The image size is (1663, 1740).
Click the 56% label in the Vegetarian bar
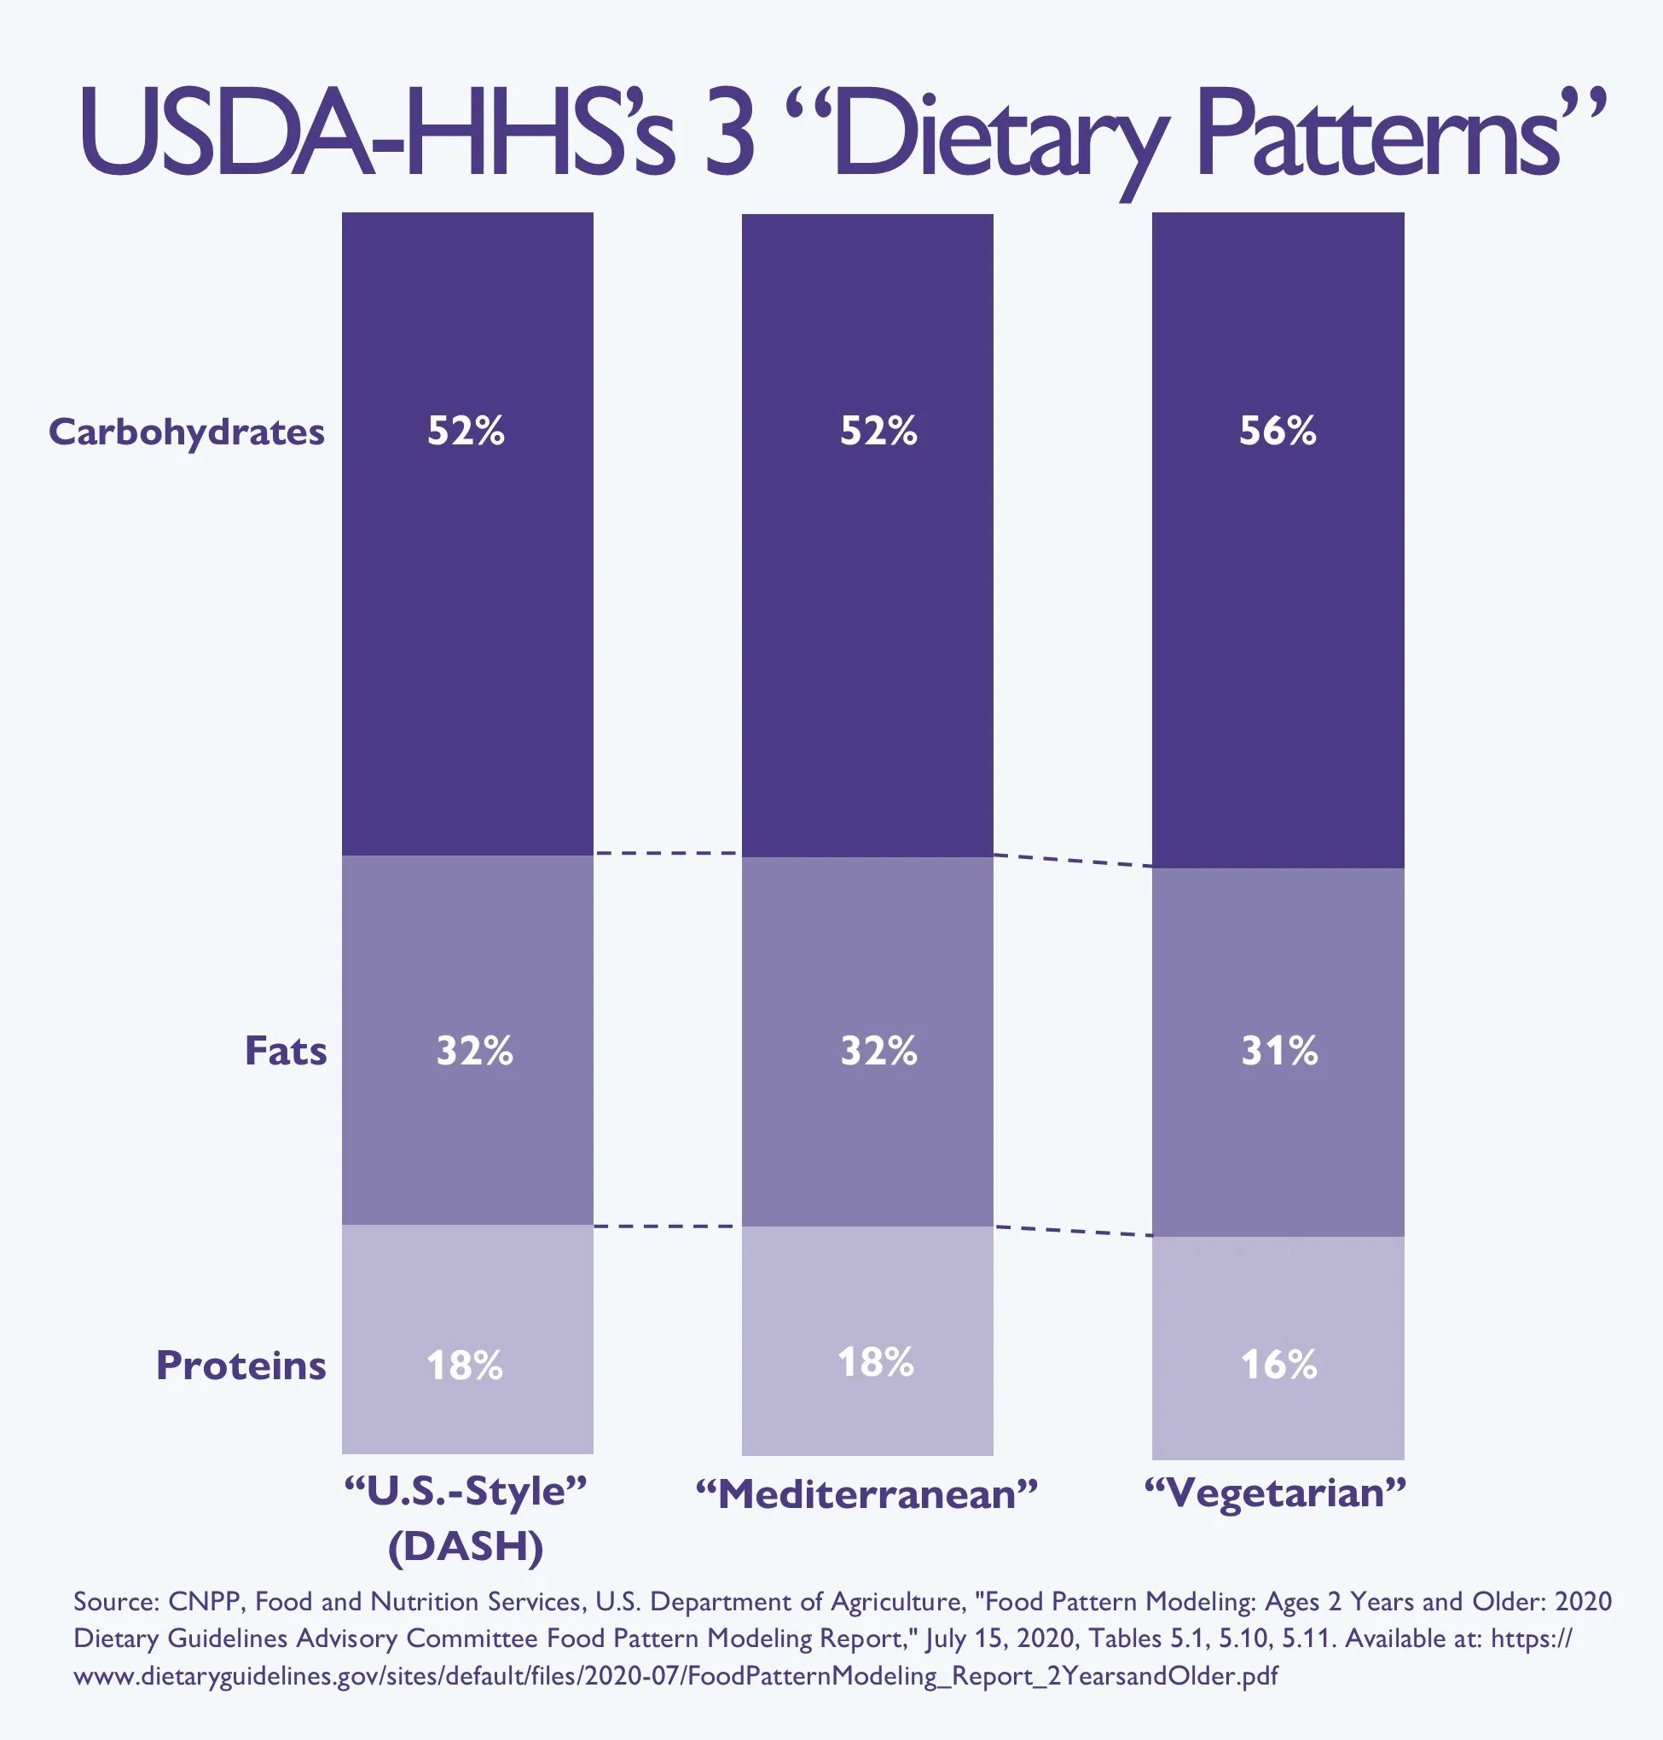1278,431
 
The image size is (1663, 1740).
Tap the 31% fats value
1279,1050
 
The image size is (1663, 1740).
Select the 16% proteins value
1278,1364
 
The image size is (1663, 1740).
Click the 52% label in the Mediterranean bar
878,431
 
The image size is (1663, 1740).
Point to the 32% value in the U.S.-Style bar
474,1050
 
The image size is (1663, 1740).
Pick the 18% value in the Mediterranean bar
876,1361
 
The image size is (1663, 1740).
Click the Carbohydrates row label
186,432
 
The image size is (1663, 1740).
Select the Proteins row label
241,1365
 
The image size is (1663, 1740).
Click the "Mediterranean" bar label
866,1495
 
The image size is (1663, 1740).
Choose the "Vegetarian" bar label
1276,1493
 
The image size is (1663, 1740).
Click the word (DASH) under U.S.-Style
466,1546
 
